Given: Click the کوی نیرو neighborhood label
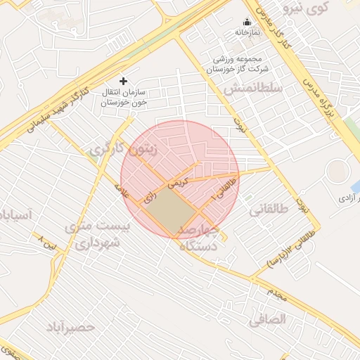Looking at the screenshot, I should pyautogui.click(x=305, y=8).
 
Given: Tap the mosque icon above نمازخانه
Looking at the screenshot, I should pyautogui.click(x=247, y=22).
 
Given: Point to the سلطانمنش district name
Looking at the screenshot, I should pyautogui.click(x=253, y=89).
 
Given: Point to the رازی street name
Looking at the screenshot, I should pyautogui.click(x=149, y=198).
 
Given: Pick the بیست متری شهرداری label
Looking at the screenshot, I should pyautogui.click(x=97, y=234).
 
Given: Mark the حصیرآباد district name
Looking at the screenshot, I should pyautogui.click(x=70, y=328).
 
